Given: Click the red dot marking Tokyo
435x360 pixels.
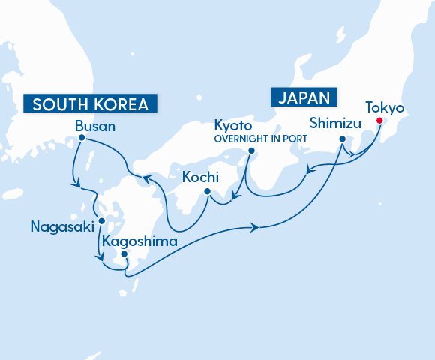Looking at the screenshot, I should (x=380, y=121).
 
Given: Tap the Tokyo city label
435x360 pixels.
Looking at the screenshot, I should (x=384, y=108).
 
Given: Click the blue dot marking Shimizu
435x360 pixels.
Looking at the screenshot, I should (x=342, y=139).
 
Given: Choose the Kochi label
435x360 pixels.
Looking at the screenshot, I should (x=200, y=177).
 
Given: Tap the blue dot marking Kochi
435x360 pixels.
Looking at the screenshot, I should (x=208, y=191).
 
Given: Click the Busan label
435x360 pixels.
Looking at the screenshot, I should (x=95, y=126).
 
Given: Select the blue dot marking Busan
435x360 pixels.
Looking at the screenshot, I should (x=81, y=138).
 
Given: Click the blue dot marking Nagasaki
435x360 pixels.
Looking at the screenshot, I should (x=100, y=221).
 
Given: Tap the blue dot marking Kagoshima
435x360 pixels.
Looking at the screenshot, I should (x=124, y=254).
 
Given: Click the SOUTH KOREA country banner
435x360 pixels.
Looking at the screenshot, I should (x=91, y=103).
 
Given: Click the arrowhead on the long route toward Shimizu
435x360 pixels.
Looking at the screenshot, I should (x=259, y=227).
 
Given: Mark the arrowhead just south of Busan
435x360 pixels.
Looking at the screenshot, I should (x=76, y=181).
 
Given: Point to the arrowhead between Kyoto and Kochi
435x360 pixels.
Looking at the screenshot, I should (x=235, y=199).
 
